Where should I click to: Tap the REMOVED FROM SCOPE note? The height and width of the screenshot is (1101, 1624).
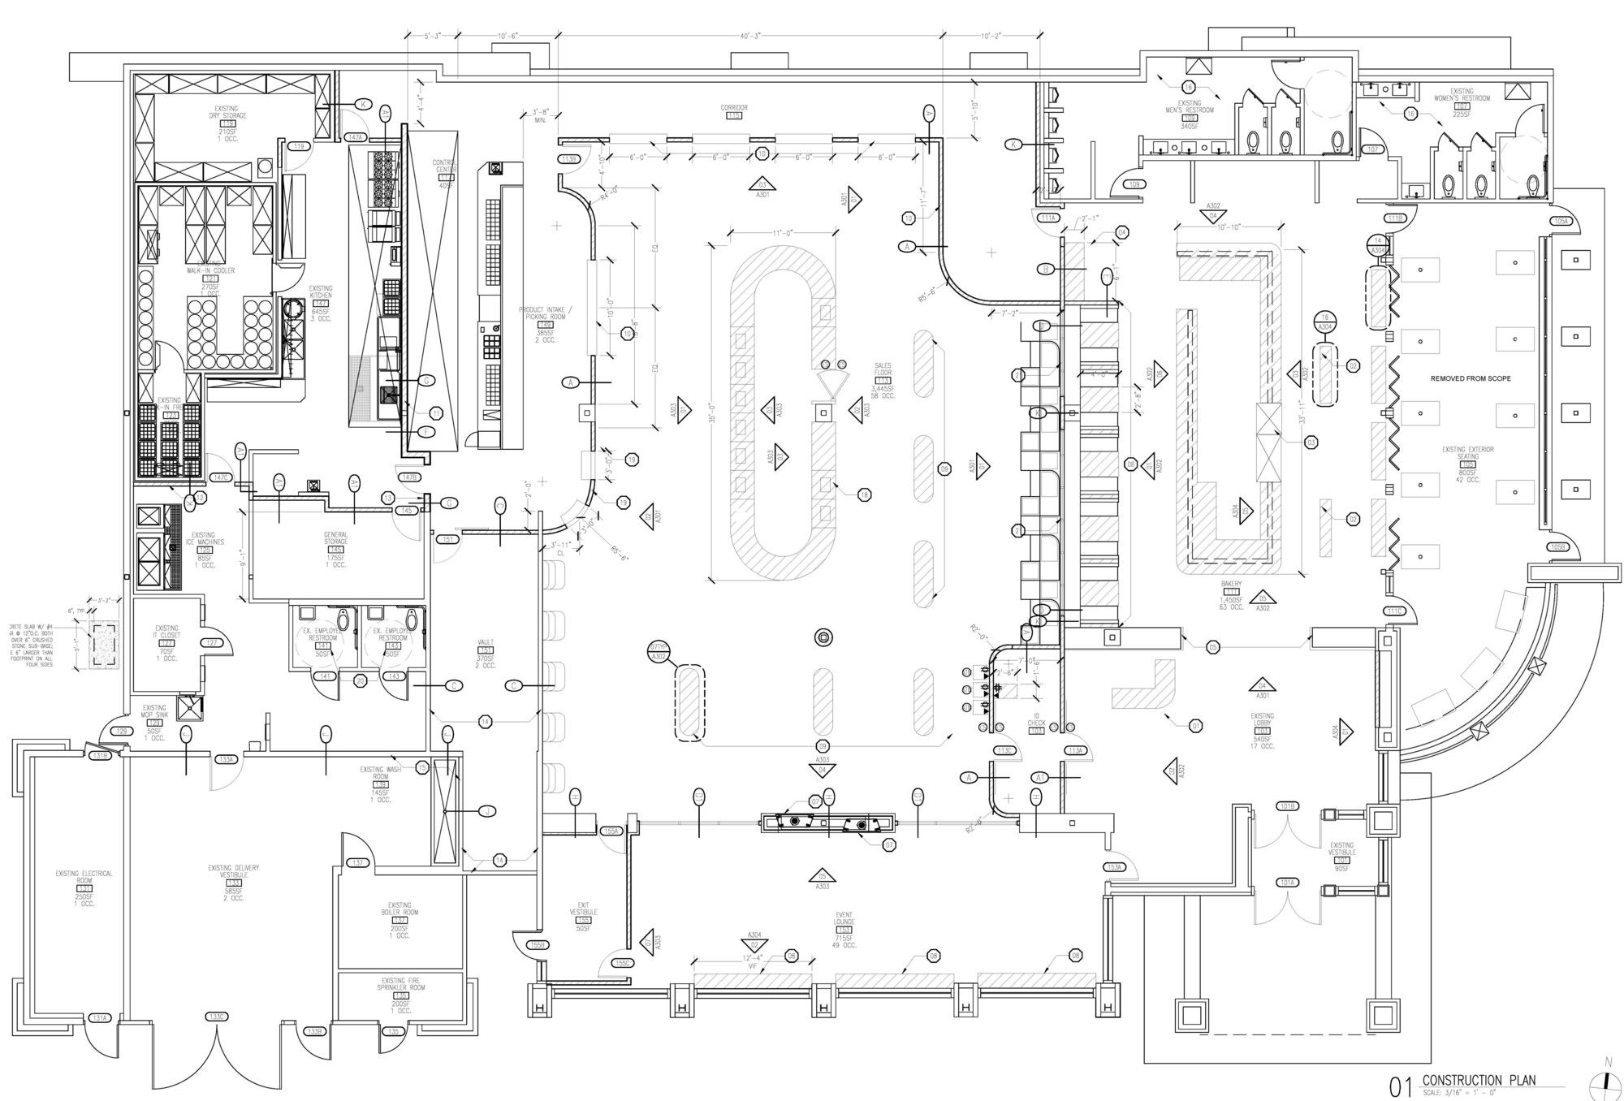click(x=1471, y=378)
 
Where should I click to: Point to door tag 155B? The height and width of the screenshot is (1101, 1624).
click(x=535, y=944)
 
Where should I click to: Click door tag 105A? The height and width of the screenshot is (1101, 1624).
click(x=1560, y=221)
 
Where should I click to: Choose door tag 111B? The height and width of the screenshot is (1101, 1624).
click(x=1396, y=218)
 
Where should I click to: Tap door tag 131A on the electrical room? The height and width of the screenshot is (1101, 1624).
click(x=99, y=1018)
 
